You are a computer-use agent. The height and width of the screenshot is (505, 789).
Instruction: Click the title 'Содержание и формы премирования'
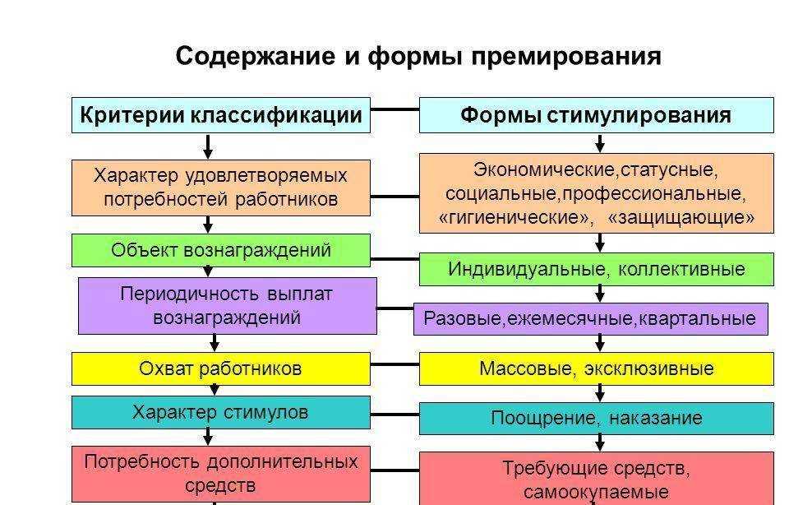pos(418,57)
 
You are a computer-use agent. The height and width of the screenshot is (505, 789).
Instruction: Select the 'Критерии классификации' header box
pos(220,115)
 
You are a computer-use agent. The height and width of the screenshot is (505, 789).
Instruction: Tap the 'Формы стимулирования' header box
pos(596,115)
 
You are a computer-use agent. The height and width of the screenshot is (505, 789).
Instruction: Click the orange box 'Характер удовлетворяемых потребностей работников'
pos(220,188)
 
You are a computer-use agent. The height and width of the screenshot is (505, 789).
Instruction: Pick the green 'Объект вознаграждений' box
pos(220,251)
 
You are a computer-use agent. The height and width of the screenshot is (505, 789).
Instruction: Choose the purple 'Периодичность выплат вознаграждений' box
pos(227,305)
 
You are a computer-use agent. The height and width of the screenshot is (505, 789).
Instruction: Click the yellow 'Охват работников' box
pos(220,368)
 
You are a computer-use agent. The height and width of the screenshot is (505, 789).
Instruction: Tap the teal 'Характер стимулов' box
pos(220,412)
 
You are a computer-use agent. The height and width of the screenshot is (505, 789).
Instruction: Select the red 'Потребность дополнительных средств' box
pos(220,474)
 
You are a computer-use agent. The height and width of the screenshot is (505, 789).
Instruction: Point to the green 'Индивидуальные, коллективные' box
pos(596,269)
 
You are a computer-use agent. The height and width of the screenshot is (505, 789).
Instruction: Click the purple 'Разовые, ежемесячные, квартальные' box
pos(589,319)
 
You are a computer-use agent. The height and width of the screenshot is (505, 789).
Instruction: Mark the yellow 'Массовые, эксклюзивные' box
pos(596,368)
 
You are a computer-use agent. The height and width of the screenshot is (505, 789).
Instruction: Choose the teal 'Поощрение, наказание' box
pos(596,418)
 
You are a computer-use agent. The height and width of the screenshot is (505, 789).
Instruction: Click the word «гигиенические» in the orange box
pos(515,218)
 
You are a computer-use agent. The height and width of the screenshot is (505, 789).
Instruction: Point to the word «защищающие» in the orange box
pos(681,218)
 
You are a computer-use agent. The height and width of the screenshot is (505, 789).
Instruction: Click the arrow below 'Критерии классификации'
pos(208,146)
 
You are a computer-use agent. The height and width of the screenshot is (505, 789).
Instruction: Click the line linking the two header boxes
pos(394,109)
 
